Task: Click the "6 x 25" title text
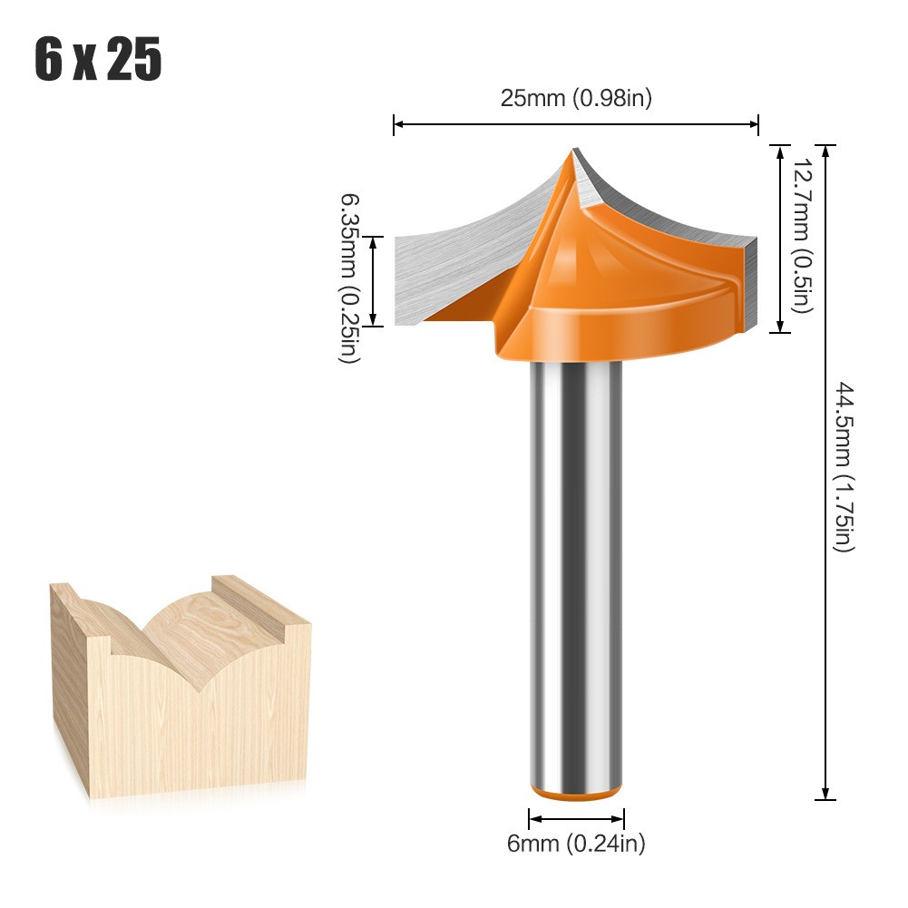(98, 61)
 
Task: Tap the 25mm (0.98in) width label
(576, 98)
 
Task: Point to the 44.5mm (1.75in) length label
(844, 467)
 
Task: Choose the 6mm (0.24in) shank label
(576, 844)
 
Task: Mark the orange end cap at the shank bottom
(576, 793)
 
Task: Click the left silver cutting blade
(454, 263)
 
